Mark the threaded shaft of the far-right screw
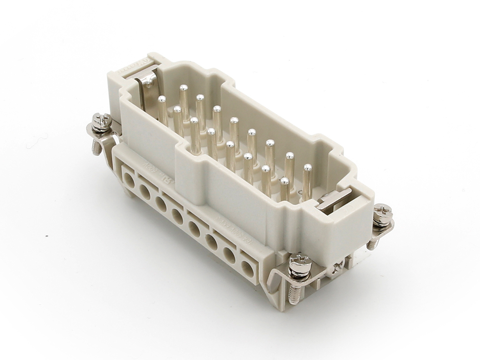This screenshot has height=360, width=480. pyautogui.click(x=372, y=243)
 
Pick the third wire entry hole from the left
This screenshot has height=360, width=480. pyautogui.click(x=161, y=204)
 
